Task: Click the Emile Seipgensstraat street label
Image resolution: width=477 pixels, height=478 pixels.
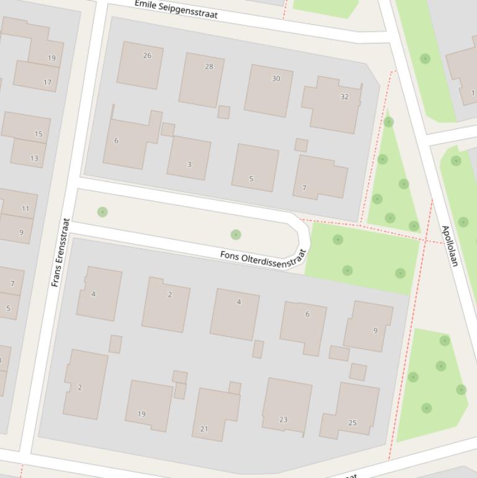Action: click(x=176, y=9)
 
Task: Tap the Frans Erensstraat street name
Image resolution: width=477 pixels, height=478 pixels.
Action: click(x=60, y=251)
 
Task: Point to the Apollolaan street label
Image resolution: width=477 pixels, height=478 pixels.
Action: click(x=450, y=246)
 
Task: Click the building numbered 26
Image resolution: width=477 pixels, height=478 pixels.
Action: click(x=140, y=65)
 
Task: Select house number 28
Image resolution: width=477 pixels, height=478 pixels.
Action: click(x=202, y=79)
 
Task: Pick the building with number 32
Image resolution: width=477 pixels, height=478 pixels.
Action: click(x=332, y=104)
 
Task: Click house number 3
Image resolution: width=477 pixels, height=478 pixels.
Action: click(x=189, y=158)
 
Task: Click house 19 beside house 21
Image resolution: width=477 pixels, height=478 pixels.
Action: click(x=148, y=405)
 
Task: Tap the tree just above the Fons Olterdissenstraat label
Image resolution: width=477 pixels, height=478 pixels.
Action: click(x=236, y=235)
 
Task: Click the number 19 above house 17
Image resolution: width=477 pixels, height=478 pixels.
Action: click(x=51, y=58)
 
